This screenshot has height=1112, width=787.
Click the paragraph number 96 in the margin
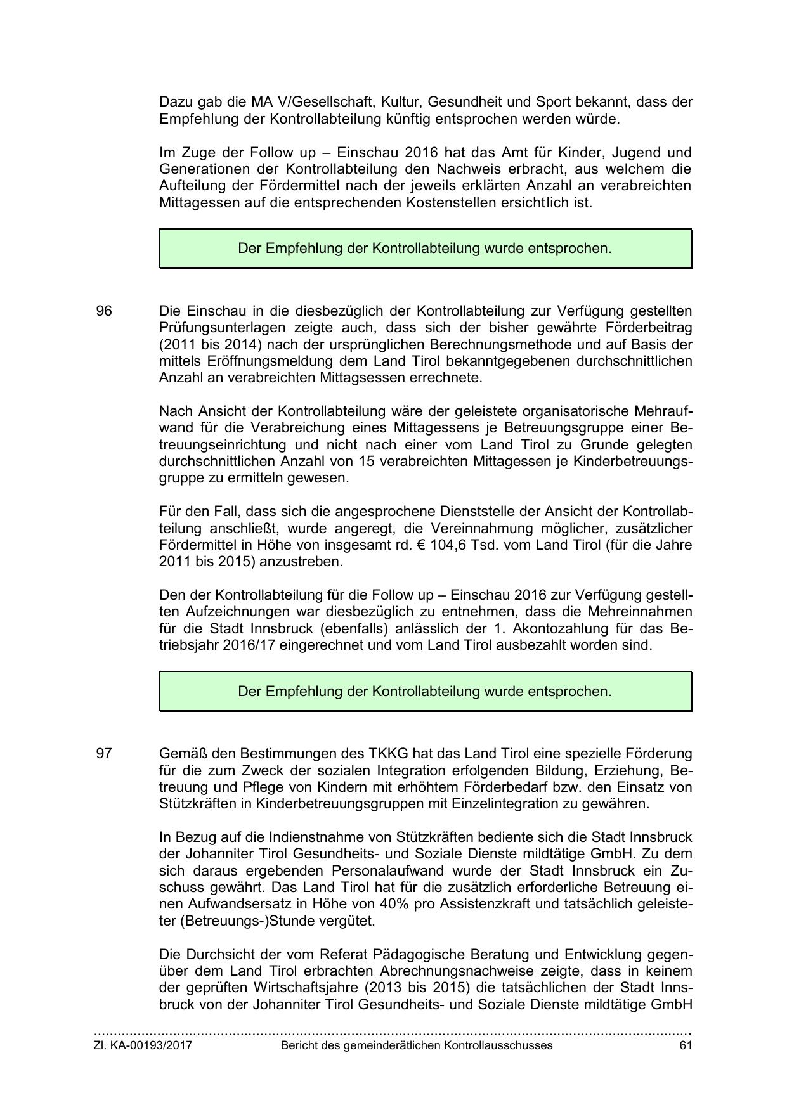pos(104,311)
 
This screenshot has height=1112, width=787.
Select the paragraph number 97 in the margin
pos(104,754)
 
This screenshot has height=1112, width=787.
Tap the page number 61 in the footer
pos(685,1046)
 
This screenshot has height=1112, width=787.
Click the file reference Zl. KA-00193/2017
pos(143,1046)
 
